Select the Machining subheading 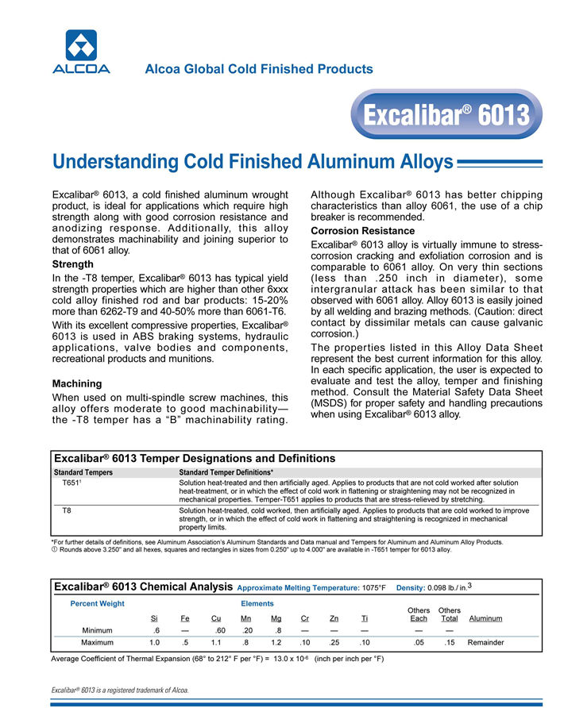pos(76,383)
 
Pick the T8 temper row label pos(68,510)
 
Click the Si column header pos(154,618)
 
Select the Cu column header pos(215,618)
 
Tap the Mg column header pos(276,618)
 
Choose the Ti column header pos(365,618)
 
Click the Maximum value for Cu pos(215,642)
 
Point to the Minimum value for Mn pos(248,629)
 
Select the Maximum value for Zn pos(334,642)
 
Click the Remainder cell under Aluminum pos(485,642)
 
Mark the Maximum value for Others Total pos(450,642)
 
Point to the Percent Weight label pos(98,604)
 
